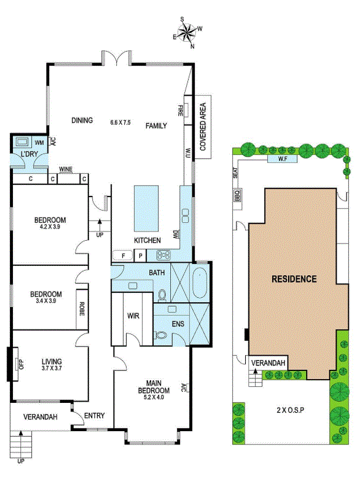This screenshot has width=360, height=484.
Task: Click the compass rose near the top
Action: (187, 33)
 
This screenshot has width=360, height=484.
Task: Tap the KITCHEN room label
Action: (147, 240)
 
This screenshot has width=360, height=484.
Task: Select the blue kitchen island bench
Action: (146, 208)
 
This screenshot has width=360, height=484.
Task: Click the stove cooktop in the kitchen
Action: (163, 255)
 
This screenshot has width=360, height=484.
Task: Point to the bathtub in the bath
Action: (200, 283)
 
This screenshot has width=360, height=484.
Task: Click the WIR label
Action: (133, 316)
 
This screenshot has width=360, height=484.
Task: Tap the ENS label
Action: (178, 324)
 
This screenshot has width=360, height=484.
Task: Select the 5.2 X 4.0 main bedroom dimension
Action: (154, 397)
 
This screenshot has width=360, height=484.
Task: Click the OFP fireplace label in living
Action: (22, 364)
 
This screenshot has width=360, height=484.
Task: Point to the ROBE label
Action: (82, 309)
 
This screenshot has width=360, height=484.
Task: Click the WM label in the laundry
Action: (39, 142)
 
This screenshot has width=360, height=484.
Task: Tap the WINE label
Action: (66, 169)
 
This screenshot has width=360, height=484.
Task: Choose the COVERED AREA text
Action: (203, 127)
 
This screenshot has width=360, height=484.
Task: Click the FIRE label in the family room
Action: (180, 111)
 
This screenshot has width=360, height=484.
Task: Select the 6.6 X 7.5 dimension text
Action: (120, 123)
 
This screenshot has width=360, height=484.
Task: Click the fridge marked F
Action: (123, 256)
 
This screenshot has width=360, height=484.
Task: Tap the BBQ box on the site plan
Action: (237, 195)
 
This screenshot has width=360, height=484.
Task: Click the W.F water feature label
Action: (282, 159)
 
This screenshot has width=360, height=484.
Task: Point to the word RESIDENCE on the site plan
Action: (294, 279)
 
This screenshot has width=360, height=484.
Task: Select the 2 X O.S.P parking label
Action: (290, 410)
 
